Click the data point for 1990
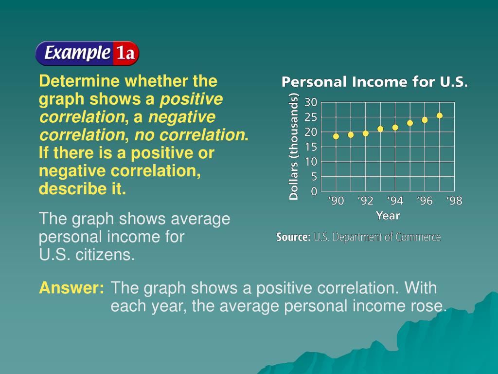click(x=336, y=136)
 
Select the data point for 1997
click(x=440, y=116)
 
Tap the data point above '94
click(x=395, y=128)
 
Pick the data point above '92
click(x=366, y=133)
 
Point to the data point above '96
click(x=425, y=120)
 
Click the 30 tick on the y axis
click(x=311, y=102)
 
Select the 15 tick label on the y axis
click(x=311, y=147)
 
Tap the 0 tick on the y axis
click(x=314, y=191)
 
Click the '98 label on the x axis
click(x=454, y=201)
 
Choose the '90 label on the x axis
click(x=336, y=201)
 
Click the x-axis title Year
click(x=388, y=216)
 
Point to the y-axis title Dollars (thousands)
click(x=293, y=146)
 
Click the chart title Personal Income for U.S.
click(x=375, y=82)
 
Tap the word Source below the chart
click(x=293, y=237)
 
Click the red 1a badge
click(x=126, y=53)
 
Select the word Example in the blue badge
click(x=77, y=53)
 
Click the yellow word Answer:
click(x=71, y=287)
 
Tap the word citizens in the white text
click(x=105, y=254)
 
